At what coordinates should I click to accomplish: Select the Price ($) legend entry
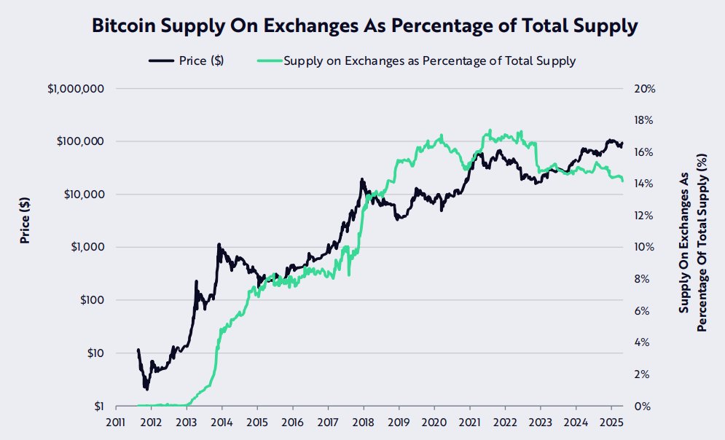(187, 60)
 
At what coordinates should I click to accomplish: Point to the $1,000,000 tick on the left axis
(76, 88)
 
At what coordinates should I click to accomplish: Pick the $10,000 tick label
(82, 195)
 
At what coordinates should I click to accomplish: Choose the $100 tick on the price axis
(88, 300)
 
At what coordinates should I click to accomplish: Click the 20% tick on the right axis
(645, 88)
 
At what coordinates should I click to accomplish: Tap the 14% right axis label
(645, 184)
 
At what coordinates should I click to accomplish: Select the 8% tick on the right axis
(642, 279)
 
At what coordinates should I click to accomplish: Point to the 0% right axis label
(642, 406)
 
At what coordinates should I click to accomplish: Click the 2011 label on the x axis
(116, 422)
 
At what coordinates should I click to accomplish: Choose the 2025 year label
(610, 422)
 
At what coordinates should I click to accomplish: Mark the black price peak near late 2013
(219, 245)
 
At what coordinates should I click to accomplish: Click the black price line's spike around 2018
(362, 179)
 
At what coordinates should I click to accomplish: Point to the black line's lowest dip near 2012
(147, 388)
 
